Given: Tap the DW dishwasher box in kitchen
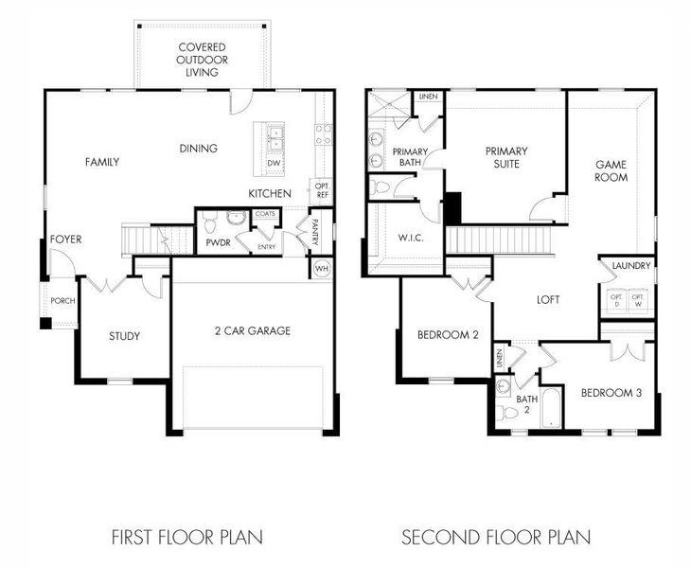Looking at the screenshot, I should [x=274, y=163].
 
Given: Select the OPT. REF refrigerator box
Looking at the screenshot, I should [x=322, y=189].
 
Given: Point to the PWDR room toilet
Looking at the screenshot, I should [x=210, y=222].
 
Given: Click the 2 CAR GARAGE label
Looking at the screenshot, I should [x=251, y=330].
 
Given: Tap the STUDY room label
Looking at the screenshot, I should [x=124, y=336].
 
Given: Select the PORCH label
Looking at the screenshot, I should [x=63, y=301].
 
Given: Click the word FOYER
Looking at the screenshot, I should [x=65, y=240].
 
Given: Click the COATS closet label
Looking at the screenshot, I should [x=264, y=214].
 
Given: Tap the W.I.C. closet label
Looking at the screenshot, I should [x=410, y=237].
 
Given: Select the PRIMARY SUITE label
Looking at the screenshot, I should [x=506, y=157].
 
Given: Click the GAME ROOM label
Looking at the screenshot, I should [x=611, y=170].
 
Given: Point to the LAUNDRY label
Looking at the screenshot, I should [x=630, y=266].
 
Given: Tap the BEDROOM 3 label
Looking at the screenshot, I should [x=611, y=393].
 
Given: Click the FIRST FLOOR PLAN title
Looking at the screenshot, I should [x=186, y=537].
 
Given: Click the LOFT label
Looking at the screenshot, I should [x=548, y=299].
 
